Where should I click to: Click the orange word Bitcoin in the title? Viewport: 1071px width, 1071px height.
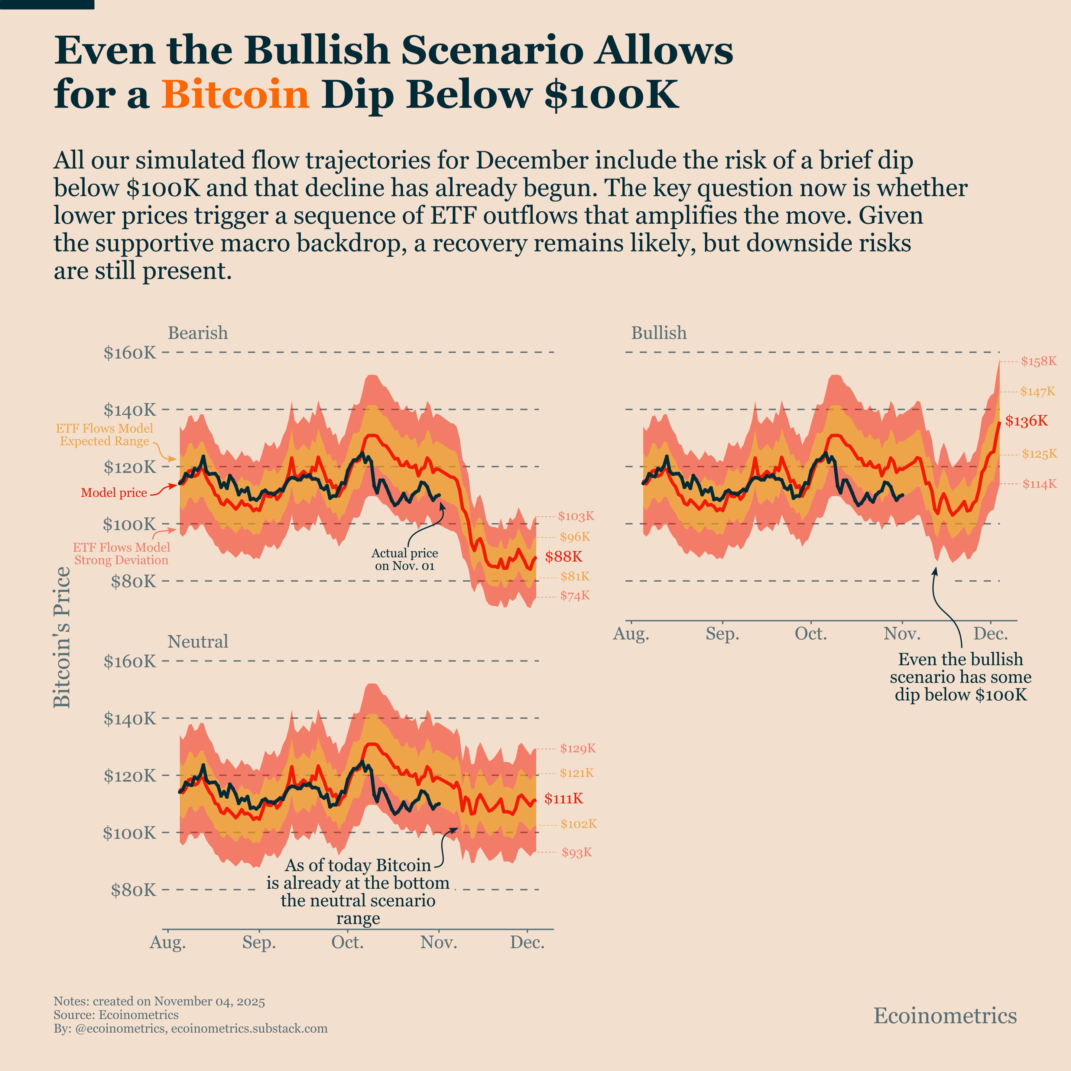[235, 94]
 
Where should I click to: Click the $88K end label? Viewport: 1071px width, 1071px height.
[563, 557]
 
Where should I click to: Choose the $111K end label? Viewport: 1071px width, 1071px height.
[563, 798]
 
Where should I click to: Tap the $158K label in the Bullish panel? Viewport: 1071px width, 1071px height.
[1038, 362]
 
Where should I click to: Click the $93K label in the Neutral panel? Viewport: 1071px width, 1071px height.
[576, 852]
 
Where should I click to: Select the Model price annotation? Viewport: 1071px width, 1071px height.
[114, 493]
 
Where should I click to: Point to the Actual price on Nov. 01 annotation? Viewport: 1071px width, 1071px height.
[405, 559]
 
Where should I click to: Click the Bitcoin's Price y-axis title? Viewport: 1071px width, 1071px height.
[62, 638]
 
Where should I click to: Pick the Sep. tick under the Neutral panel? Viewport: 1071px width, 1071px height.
[259, 943]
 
